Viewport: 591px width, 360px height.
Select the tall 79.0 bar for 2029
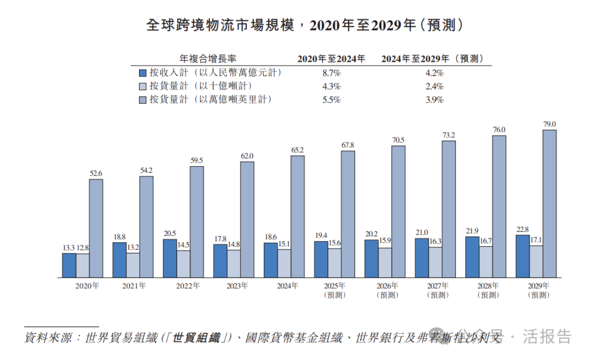tap(549, 204)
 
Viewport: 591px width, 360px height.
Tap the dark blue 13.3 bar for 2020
tap(69, 265)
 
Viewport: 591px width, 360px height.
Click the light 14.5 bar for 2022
tap(183, 264)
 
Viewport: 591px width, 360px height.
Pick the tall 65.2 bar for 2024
tap(298, 217)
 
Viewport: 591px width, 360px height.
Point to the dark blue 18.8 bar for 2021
tap(119, 259)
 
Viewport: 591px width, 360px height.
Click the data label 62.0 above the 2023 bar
tap(247, 156)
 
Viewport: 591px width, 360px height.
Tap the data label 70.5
tap(398, 140)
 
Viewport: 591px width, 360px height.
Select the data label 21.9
tap(472, 230)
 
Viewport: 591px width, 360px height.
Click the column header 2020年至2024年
tap(331, 59)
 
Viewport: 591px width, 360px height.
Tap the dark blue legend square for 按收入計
tap(143, 73)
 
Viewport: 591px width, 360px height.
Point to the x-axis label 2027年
tap(438, 286)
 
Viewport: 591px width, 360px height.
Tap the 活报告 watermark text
tap(547, 336)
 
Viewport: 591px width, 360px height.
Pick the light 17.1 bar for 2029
tap(536, 262)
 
